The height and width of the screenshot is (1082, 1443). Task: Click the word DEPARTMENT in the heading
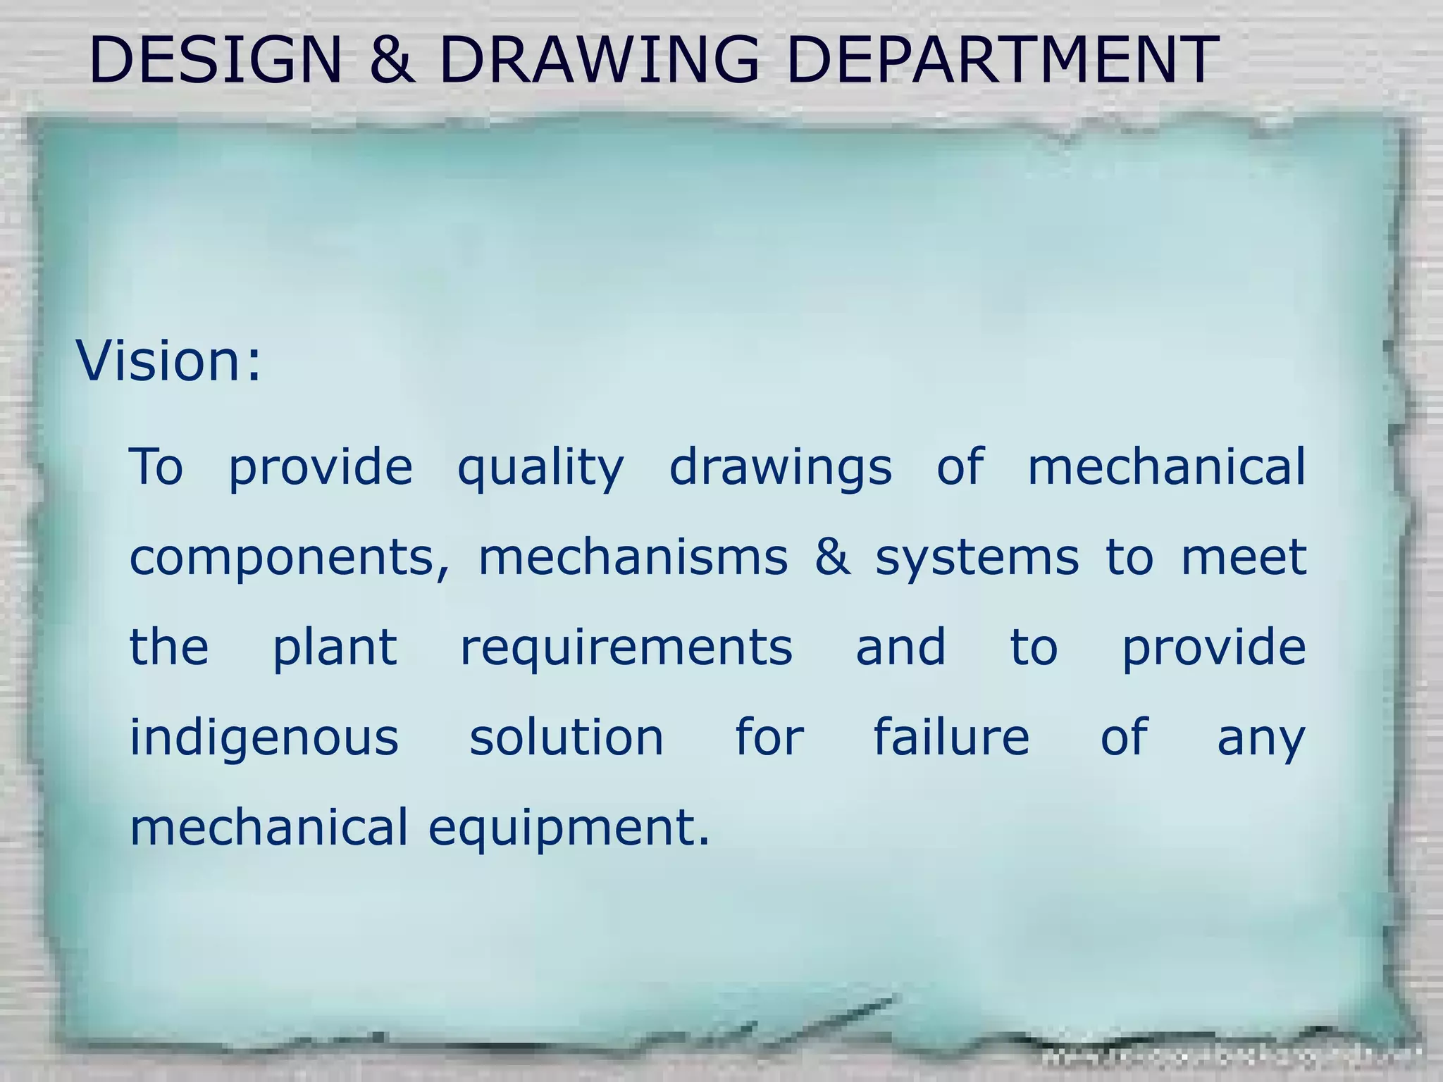[x=1001, y=60]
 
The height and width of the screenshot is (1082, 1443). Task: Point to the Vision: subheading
[x=168, y=361]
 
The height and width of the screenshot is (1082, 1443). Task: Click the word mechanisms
[x=633, y=557]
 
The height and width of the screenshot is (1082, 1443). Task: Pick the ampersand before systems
[x=832, y=557]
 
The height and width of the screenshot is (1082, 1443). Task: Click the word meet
[x=1244, y=557]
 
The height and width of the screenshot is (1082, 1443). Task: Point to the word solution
[x=566, y=738]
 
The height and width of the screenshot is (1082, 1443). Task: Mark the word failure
[x=951, y=738]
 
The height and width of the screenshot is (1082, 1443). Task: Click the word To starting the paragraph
[x=156, y=467]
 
